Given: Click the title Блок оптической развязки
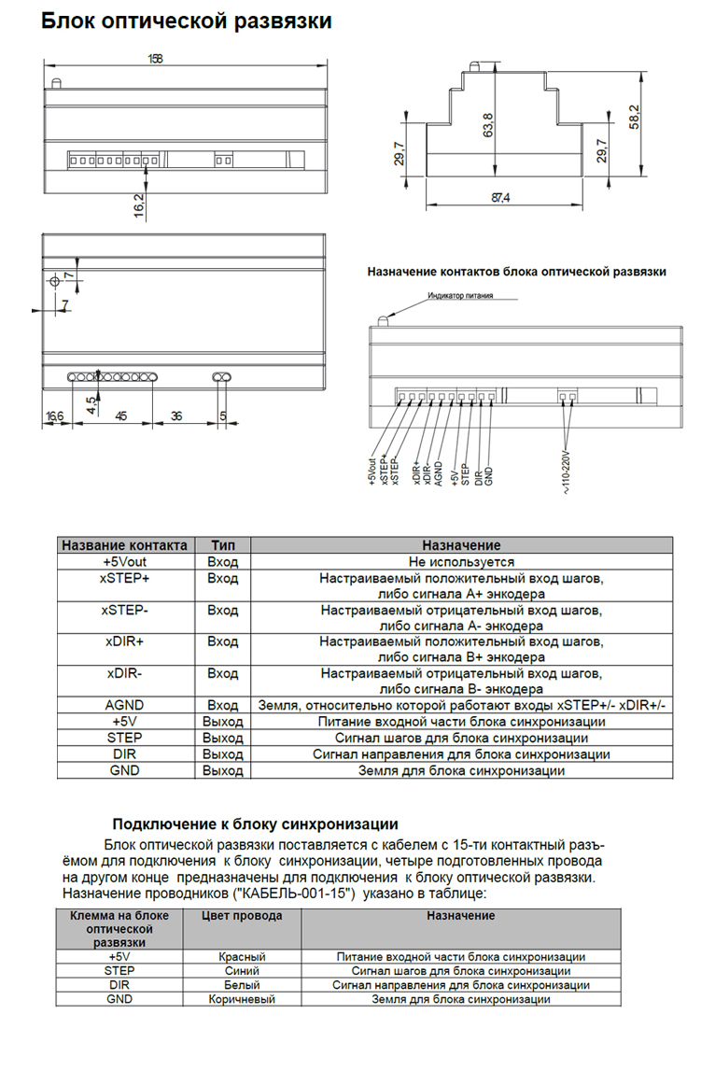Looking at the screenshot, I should (x=186, y=21).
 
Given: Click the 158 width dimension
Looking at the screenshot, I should (x=155, y=58).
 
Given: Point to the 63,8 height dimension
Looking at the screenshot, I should (x=487, y=122).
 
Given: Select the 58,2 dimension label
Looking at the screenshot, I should (x=635, y=118).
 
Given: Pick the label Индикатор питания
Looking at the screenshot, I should (x=460, y=296).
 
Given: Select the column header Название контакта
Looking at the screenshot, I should (x=124, y=545).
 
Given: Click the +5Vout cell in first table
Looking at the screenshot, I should (x=124, y=562).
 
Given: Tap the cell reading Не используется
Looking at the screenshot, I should (x=461, y=562).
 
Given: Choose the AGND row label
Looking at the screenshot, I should (x=124, y=706).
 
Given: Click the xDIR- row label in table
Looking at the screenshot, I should (x=124, y=673).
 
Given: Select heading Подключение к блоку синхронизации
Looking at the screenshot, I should (x=255, y=824).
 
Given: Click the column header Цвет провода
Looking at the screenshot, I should (x=242, y=916).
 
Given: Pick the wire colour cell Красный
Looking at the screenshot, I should (x=242, y=957).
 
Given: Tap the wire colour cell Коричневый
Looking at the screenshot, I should (x=242, y=999).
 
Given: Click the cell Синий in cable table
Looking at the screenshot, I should (x=242, y=971).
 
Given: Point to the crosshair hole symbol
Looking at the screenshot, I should (x=55, y=281).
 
